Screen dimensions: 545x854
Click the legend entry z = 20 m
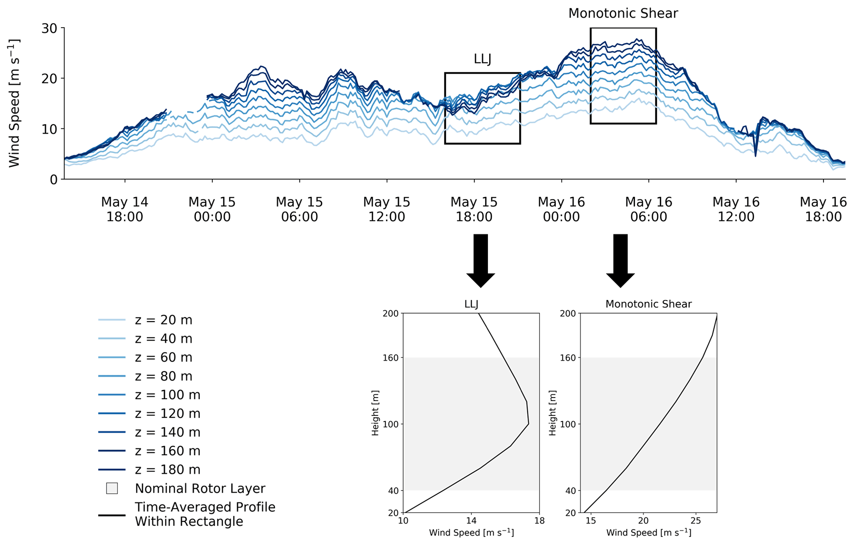click(163, 320)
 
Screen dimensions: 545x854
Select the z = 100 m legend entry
click(167, 395)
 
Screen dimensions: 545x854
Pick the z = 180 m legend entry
click(167, 469)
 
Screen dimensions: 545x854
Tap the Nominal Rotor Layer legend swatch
click(112, 488)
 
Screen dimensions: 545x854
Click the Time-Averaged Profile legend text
click(205, 514)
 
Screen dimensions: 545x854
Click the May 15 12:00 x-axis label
click(386, 209)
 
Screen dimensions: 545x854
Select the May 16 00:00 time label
click(561, 209)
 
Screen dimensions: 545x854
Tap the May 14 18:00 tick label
click(124, 209)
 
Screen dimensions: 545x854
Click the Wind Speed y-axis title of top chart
click(14, 103)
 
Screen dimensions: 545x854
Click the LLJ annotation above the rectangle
click(482, 59)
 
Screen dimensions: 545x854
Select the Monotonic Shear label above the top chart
click(623, 14)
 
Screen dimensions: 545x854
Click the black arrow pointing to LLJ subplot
click(481, 260)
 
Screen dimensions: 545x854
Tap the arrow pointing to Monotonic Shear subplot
click(620, 260)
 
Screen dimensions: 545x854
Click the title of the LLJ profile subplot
click(471, 304)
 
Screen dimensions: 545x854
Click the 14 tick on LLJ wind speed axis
click(471, 521)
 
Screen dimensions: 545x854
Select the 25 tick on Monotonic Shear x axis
click(696, 521)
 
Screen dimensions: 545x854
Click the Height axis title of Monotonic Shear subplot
click(552, 413)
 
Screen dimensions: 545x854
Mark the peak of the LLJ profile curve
click(528, 424)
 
